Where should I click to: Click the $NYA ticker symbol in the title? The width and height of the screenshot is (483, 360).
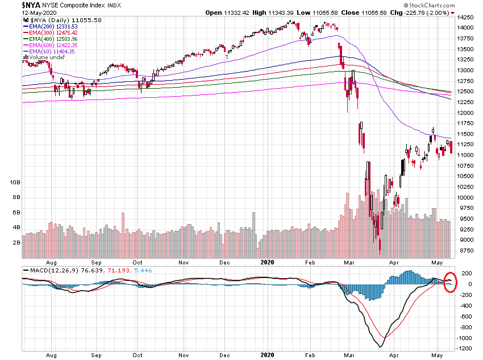tap(15, 4)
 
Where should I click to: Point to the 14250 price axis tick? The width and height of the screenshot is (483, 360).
tap(467, 16)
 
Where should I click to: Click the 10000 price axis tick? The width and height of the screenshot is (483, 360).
tap(467, 197)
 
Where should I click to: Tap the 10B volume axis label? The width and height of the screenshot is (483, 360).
tap(15, 182)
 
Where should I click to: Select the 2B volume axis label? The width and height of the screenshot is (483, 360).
tap(17, 242)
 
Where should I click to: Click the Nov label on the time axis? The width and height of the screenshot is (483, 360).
tap(184, 263)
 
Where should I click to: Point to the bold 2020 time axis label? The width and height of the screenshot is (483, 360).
tap(268, 263)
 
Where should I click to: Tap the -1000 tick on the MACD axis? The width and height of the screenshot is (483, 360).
tap(465, 338)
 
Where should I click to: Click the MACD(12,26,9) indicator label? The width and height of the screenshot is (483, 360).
tap(48, 269)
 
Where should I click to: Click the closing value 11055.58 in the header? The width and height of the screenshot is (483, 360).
tap(339, 13)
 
